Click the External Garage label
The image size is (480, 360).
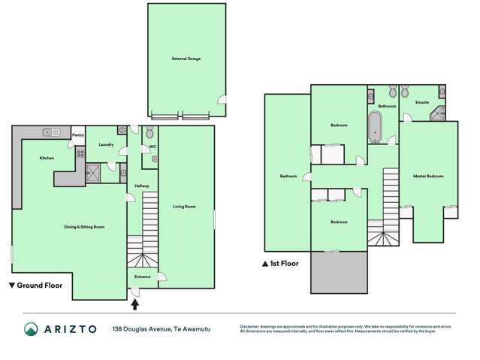(x=186, y=58)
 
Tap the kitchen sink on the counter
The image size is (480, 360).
(x=51, y=132)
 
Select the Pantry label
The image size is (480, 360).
(x=77, y=136)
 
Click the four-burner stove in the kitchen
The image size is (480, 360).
(x=79, y=153)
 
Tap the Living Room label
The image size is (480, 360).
(x=185, y=206)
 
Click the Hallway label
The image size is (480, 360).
(x=141, y=186)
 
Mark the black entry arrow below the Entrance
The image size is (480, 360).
(x=135, y=304)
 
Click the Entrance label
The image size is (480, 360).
(x=143, y=277)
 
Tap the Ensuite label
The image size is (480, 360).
(x=422, y=101)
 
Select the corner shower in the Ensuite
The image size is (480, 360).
(x=439, y=114)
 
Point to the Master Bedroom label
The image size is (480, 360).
(x=428, y=177)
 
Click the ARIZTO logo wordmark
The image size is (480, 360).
(x=71, y=328)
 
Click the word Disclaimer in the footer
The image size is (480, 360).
(x=252, y=325)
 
